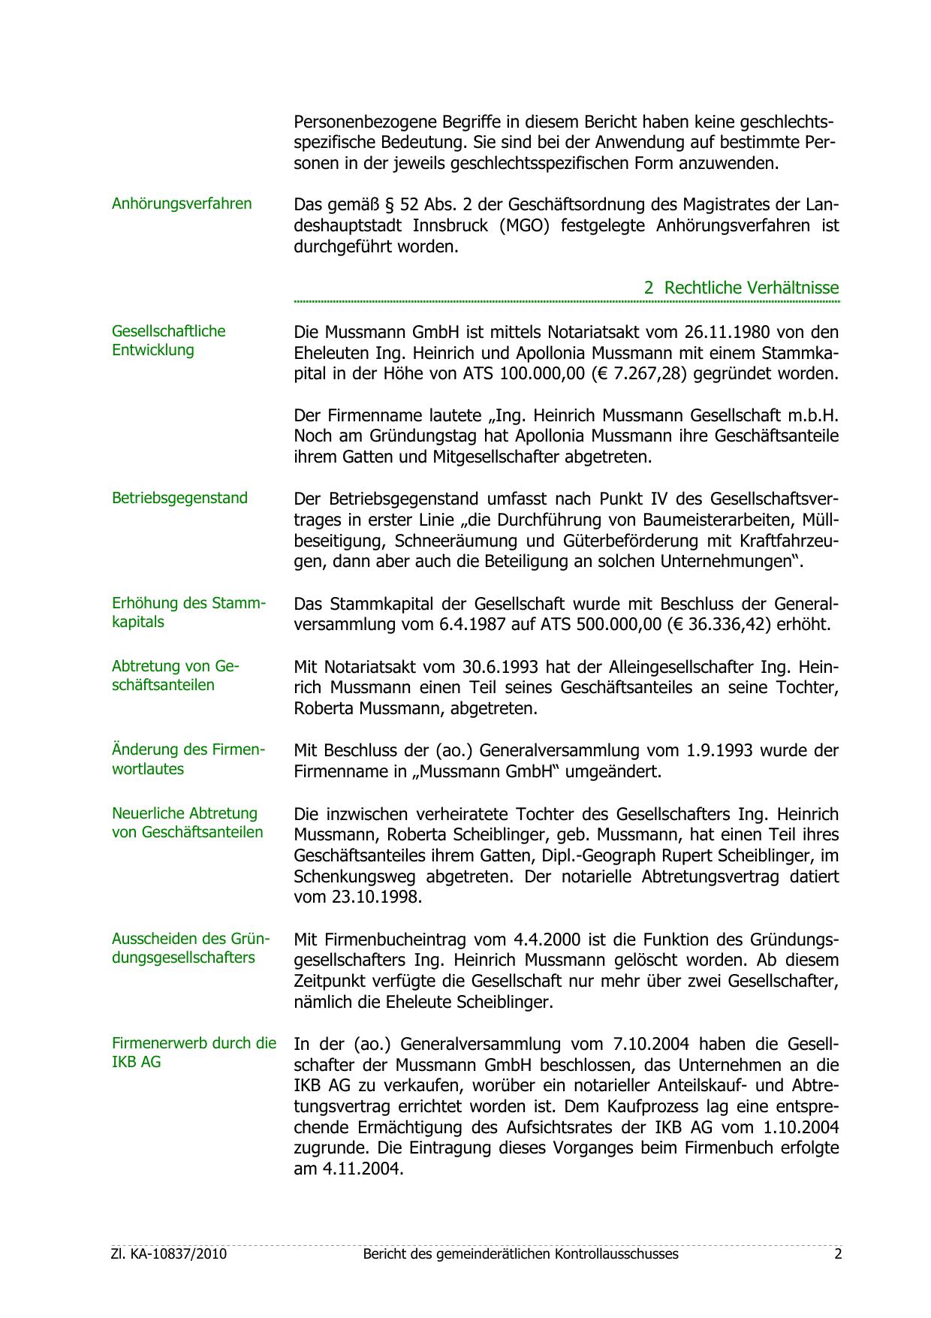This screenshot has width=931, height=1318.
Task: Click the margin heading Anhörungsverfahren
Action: (x=182, y=204)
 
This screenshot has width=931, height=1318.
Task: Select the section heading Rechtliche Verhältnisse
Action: (x=742, y=288)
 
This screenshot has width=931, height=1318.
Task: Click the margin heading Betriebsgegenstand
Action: (x=179, y=498)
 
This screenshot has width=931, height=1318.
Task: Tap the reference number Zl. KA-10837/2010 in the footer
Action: (x=169, y=1254)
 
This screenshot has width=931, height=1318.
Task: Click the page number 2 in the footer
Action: (x=838, y=1254)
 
